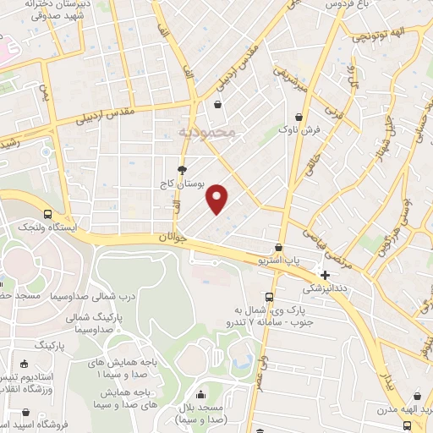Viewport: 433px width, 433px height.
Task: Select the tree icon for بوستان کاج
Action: [182, 170]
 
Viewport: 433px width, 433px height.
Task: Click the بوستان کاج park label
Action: [182, 184]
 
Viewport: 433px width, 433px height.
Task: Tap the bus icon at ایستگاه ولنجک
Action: [47, 214]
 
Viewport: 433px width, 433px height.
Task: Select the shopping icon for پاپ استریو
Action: [279, 247]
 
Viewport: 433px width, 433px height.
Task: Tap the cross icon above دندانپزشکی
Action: [326, 275]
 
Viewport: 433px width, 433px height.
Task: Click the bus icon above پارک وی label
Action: [269, 296]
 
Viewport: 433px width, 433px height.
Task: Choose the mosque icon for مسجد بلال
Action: [200, 394]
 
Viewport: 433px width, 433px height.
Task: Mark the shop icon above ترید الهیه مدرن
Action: [418, 395]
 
